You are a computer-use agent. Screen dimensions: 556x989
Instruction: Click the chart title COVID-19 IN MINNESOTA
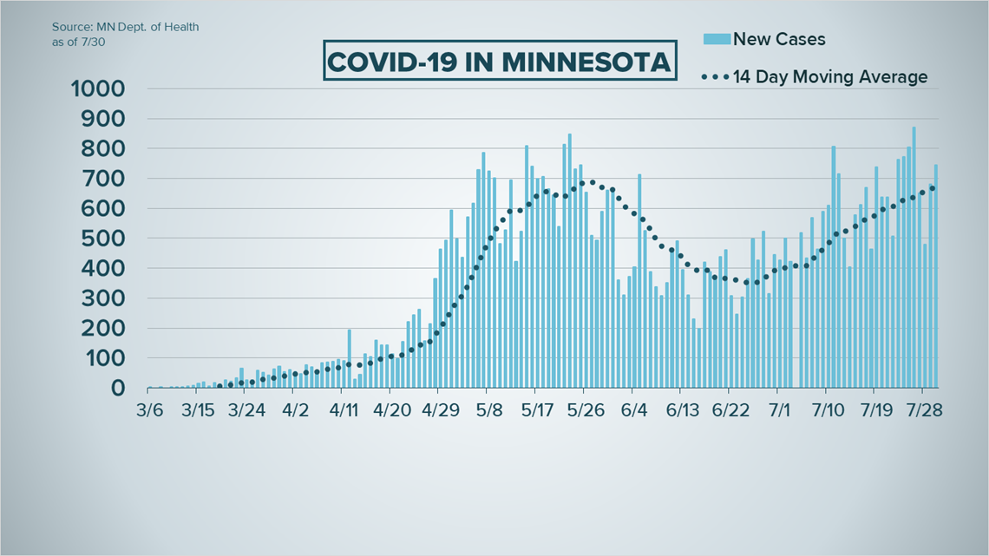click(x=499, y=62)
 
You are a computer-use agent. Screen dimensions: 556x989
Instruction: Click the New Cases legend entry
click(x=778, y=39)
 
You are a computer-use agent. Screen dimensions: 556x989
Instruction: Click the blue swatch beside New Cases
click(x=717, y=39)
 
